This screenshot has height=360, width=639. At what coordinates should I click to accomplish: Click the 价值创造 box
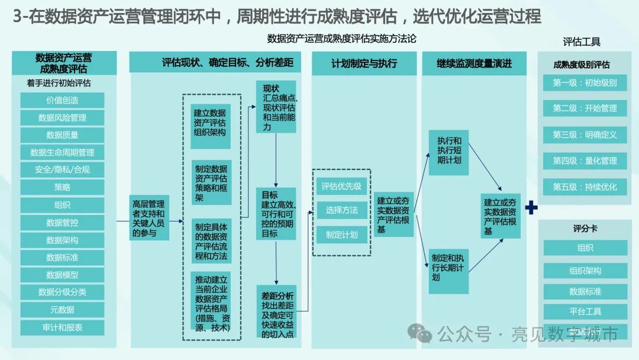(62, 100)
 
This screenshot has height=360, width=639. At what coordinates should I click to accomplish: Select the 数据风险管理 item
(62, 117)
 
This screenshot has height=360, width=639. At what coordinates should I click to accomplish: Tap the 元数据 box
(62, 309)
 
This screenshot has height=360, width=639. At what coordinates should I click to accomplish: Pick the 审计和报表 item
(62, 327)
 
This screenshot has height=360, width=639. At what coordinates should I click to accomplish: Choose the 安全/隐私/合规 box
(62, 169)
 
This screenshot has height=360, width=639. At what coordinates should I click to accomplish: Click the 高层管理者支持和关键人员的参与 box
(149, 217)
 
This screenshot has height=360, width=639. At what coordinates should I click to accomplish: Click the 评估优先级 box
(341, 186)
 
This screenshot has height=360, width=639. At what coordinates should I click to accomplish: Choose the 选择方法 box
(341, 210)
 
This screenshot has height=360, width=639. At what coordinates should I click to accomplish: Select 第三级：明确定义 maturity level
(585, 134)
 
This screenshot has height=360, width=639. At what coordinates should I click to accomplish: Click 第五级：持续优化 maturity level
(585, 187)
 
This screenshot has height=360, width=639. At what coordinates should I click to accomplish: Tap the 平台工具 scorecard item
(585, 311)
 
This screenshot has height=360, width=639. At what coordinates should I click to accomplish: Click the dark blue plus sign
(531, 207)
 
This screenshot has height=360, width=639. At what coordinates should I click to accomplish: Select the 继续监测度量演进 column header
(474, 63)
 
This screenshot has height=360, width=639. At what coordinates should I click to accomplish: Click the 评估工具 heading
(582, 42)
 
